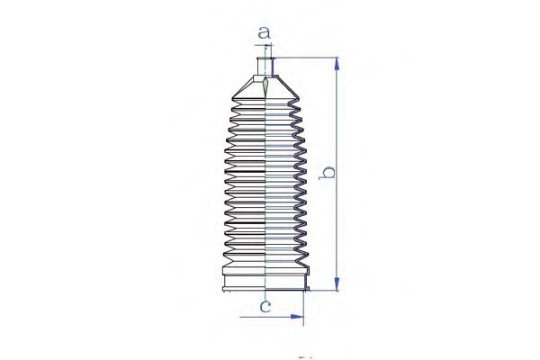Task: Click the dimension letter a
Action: [264, 32]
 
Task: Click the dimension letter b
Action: [327, 173]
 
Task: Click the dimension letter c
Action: [265, 306]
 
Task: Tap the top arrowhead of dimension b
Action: [337, 65]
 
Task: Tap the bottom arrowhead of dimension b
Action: [337, 283]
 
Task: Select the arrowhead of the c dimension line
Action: [297, 317]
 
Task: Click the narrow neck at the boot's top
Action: [265, 67]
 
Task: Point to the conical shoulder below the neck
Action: [265, 87]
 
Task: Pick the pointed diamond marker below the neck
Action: [265, 87]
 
